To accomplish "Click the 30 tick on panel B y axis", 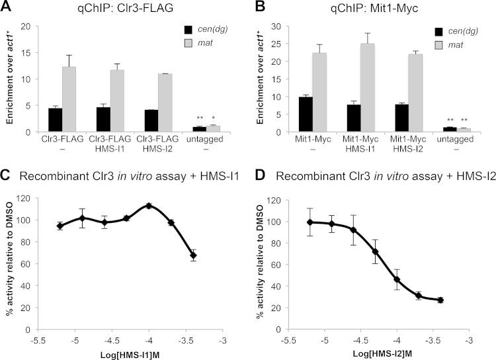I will (x=273, y=26).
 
